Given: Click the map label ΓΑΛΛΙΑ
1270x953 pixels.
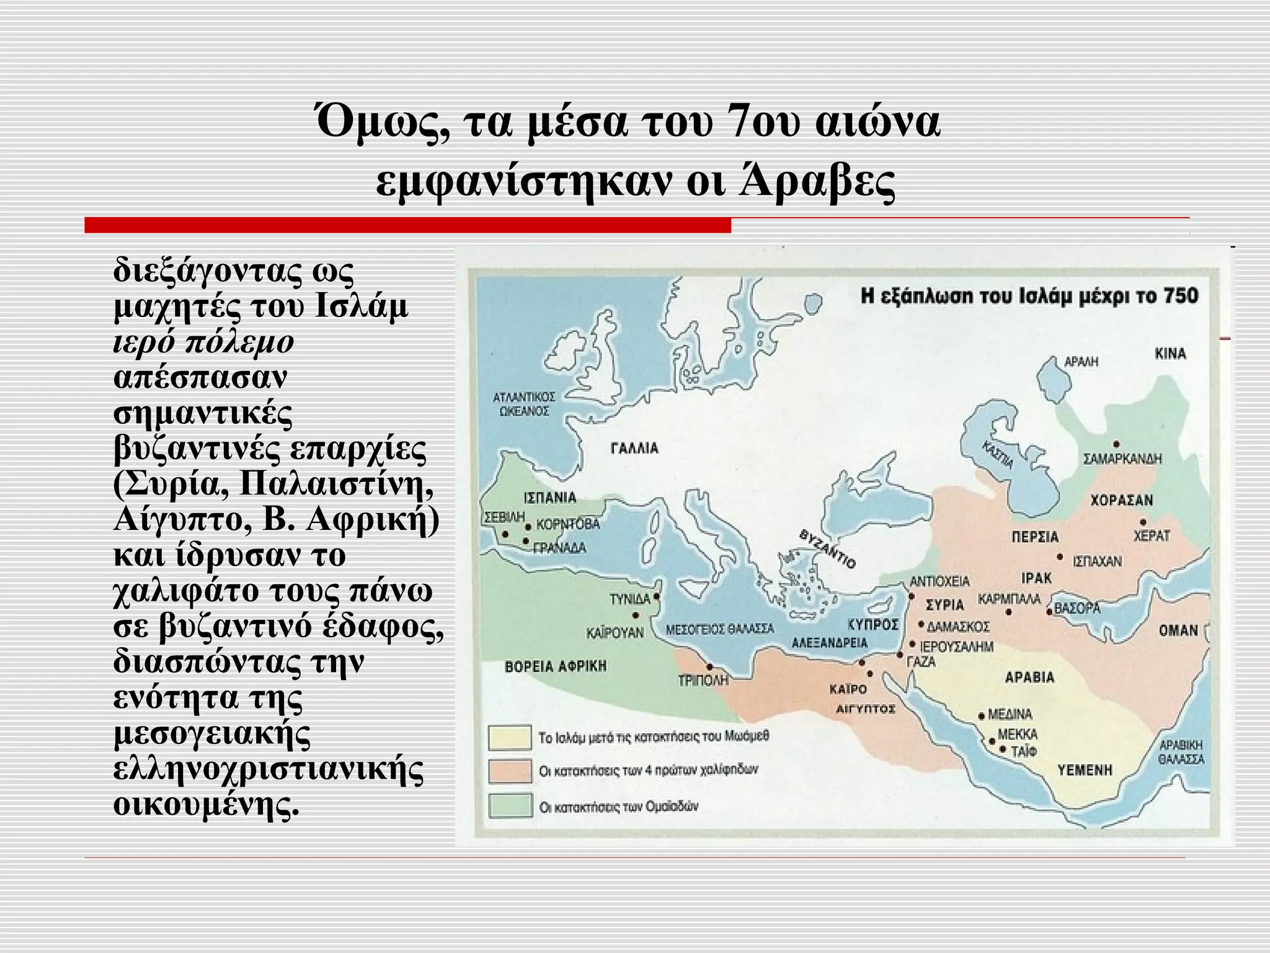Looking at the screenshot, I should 634,449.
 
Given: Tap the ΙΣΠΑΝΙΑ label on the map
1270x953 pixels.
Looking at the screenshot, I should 550,498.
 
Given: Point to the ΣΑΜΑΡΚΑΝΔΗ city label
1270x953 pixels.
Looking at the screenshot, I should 1122,459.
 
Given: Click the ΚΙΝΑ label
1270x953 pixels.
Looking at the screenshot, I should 1170,354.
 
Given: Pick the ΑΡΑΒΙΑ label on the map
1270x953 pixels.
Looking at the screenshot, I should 1029,677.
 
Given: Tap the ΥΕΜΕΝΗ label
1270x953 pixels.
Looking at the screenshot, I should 1085,771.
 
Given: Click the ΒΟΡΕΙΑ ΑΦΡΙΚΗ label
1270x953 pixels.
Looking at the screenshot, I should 556,667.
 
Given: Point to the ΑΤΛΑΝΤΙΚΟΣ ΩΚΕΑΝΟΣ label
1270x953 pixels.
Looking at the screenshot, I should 523,404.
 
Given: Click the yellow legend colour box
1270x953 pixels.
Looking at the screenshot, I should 510,738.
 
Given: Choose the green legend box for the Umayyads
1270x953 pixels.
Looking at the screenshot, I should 510,807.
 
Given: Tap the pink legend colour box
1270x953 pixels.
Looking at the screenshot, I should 510,772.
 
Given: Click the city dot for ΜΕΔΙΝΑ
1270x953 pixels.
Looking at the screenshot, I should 981,715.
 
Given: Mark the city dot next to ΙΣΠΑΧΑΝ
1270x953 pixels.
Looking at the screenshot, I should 1060,557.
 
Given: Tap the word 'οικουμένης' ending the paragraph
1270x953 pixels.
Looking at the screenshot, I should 206,805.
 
